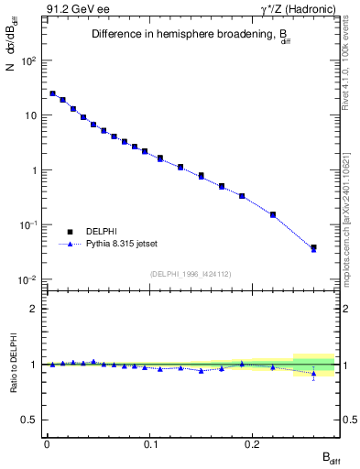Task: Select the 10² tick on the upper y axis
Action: click(x=29, y=60)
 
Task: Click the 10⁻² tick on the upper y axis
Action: click(x=29, y=279)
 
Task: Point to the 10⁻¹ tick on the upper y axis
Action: click(x=29, y=224)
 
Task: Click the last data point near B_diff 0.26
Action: click(x=313, y=247)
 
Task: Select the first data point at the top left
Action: click(x=52, y=93)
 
